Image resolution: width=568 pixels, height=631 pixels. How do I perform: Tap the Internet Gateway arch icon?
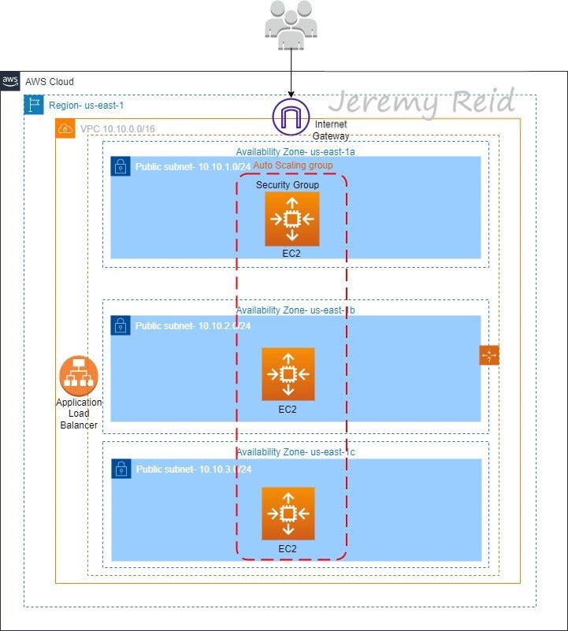[x=291, y=118]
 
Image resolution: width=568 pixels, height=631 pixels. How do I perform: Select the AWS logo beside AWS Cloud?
[x=10, y=81]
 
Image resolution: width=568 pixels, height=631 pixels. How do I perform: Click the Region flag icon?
[x=34, y=105]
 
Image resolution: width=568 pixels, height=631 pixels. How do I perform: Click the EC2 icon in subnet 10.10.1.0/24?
[x=292, y=218]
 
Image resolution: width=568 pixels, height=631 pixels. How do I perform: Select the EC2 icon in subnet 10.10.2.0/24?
[x=288, y=374]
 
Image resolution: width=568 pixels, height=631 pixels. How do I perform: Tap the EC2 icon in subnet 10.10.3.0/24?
[x=288, y=514]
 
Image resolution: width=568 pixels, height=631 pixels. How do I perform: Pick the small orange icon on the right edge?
[x=489, y=356]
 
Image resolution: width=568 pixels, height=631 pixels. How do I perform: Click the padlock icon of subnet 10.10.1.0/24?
[x=121, y=166]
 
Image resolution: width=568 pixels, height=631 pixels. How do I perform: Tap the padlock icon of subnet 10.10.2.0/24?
[x=121, y=325]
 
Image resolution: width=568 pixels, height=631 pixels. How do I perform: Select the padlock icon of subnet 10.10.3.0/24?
[x=121, y=470]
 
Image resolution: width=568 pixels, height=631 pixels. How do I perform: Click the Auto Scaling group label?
[x=293, y=165]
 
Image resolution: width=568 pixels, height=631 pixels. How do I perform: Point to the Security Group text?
[x=288, y=184]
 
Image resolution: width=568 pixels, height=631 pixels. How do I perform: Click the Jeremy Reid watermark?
[x=421, y=102]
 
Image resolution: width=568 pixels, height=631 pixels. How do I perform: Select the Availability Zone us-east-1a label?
[x=295, y=151]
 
